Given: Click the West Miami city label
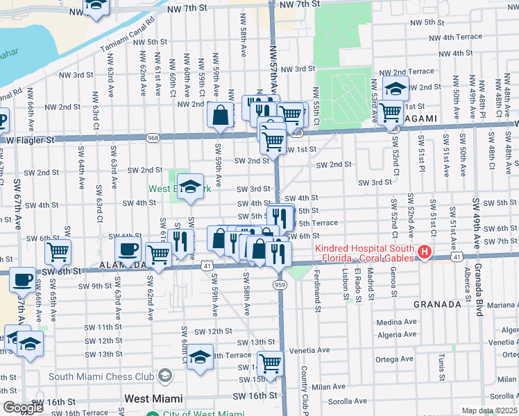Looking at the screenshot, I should [x=153, y=399].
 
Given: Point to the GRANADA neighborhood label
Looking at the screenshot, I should [x=437, y=304].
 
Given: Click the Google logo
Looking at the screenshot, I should [x=22, y=408].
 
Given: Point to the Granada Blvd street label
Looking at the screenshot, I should [x=478, y=291].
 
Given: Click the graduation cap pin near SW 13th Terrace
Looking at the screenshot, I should [x=200, y=356].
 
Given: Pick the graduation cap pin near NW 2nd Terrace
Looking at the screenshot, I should [x=395, y=89].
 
